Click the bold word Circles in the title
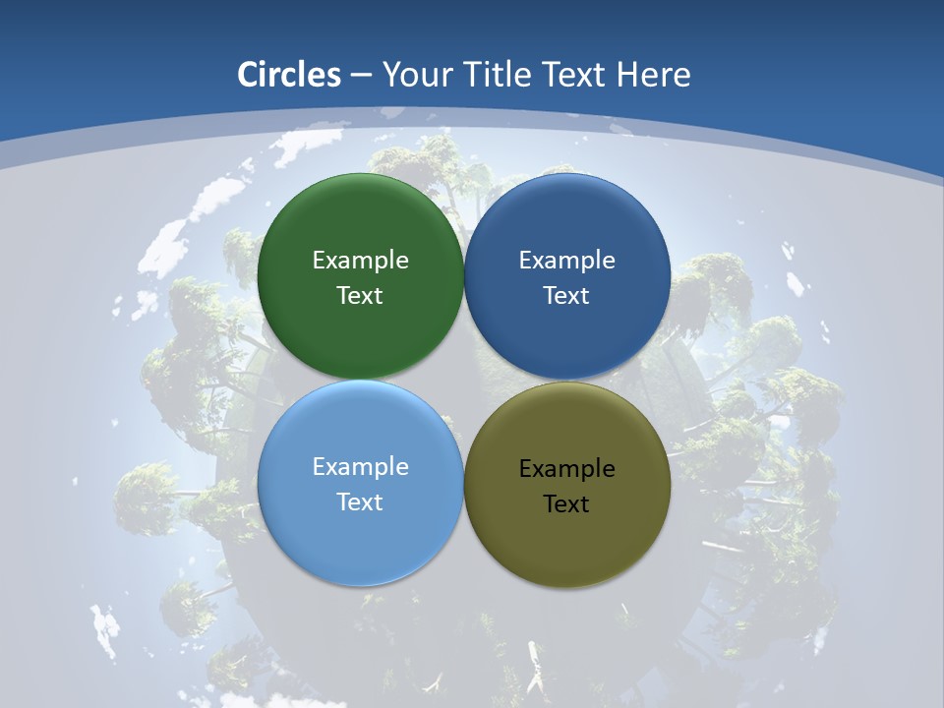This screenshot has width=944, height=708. coord(289,75)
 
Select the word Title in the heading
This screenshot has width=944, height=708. coord(499,75)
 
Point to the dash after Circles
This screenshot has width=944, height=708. coord(361,76)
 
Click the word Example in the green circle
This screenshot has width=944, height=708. coord(360,261)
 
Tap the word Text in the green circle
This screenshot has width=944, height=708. coord(360,296)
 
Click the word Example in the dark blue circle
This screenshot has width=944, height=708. coord(566,261)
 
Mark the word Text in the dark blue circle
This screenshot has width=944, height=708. coord(566,296)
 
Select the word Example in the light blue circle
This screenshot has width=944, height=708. coord(360,467)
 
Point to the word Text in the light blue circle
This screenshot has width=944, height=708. coord(360,502)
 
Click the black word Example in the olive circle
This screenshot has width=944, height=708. coord(566,469)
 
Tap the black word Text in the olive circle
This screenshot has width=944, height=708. coord(566,504)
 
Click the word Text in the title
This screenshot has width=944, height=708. coord(576,75)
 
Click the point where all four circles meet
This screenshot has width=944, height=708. coord(464,380)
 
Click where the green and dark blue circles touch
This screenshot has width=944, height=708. coord(464,276)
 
